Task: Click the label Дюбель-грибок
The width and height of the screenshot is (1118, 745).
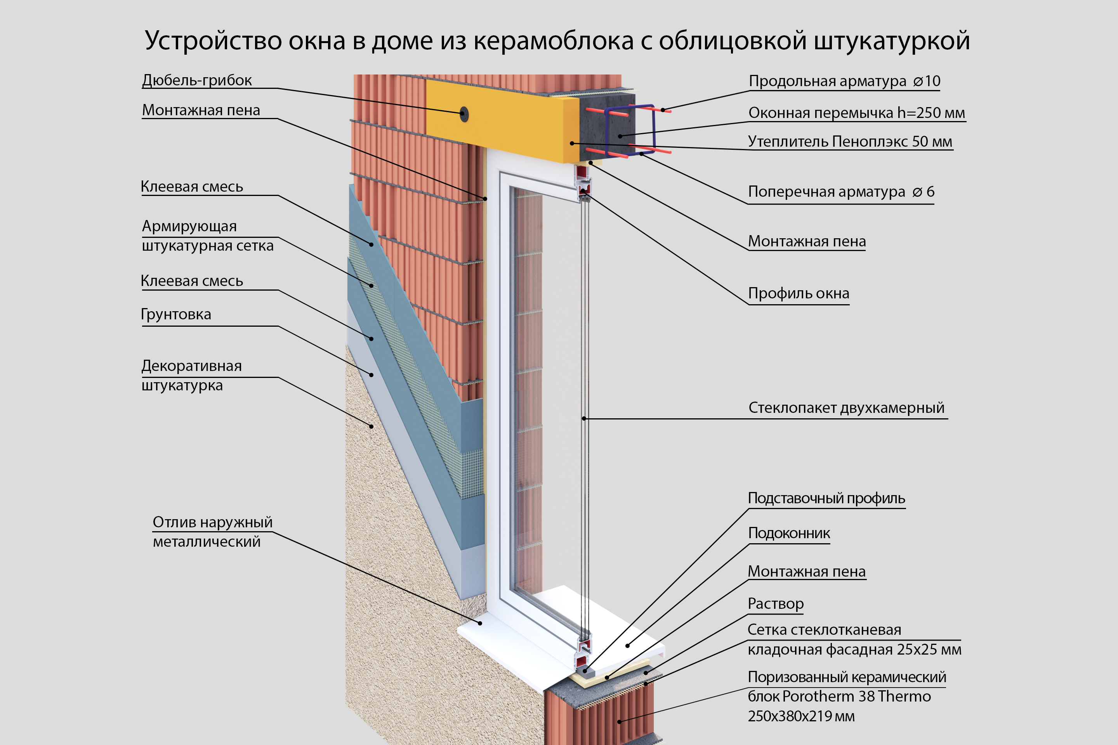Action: click(x=197, y=80)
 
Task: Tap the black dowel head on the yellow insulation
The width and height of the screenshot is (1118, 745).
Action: click(x=464, y=114)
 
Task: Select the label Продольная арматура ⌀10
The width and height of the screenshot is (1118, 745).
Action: click(x=844, y=81)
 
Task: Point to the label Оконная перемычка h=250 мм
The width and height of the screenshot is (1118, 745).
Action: click(x=857, y=113)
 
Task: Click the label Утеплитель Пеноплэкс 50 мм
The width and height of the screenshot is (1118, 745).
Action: click(x=850, y=142)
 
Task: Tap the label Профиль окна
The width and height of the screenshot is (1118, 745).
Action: click(x=799, y=293)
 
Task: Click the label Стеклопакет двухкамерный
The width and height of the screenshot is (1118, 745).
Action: click(x=846, y=408)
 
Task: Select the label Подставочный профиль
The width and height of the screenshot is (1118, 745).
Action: click(x=826, y=498)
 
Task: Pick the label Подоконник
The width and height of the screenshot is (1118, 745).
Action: click(x=789, y=533)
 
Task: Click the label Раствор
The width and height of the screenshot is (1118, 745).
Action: click(x=775, y=603)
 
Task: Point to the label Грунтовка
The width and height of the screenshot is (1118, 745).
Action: click(x=176, y=315)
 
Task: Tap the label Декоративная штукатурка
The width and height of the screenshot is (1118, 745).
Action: click(x=191, y=375)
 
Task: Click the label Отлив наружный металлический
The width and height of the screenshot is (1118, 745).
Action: click(x=212, y=532)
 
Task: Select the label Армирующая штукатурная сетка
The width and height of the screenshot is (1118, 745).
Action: click(x=208, y=236)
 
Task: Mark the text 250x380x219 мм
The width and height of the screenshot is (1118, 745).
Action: click(x=801, y=716)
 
